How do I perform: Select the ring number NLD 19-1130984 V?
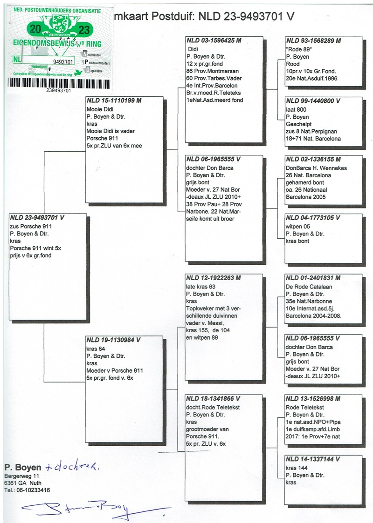[113, 340]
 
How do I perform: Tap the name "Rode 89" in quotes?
[299, 48]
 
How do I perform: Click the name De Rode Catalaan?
[309, 287]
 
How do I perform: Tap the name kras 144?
[297, 468]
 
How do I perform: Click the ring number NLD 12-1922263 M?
[214, 278]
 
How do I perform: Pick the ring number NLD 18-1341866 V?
[213, 399]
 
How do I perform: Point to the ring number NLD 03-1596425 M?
[214, 40]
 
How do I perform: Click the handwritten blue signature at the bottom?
[89, 508]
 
